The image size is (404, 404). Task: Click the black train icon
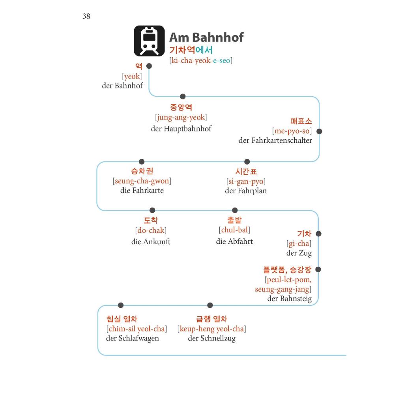point(149,41)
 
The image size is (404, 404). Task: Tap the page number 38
point(86,16)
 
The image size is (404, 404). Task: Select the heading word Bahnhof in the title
point(218,37)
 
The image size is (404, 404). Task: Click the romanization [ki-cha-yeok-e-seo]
point(201,60)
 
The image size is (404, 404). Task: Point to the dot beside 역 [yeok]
point(149,66)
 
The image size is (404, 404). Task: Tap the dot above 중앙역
point(183,97)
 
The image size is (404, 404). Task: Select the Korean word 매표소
point(301,121)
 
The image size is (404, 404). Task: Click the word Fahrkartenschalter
point(282,140)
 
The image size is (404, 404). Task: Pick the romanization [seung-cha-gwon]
point(142,181)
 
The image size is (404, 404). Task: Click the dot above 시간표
point(247,162)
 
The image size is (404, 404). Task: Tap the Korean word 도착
point(151,220)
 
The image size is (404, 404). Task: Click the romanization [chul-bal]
point(234,230)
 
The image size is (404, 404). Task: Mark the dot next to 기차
point(318,234)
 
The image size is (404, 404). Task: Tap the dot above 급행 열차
point(210,305)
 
